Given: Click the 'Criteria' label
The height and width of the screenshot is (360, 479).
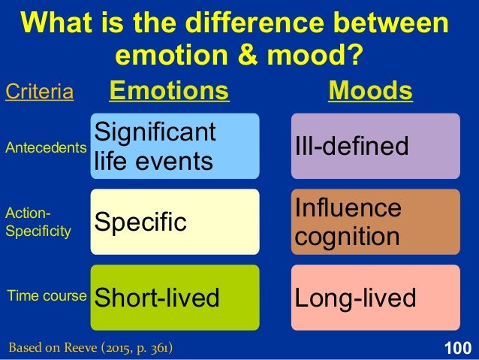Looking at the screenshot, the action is point(39,92).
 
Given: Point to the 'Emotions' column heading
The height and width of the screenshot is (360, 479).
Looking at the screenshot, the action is point(169,91).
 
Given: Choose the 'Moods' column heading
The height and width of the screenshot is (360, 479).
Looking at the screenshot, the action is point(371,91).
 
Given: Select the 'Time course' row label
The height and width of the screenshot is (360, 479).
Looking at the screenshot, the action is point(46,296).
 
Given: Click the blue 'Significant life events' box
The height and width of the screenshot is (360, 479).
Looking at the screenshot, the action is point(174,146).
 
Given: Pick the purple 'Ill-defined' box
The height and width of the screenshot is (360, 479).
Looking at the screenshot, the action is point(375,146).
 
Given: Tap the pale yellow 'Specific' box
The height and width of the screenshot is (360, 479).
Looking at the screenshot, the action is point(174,222).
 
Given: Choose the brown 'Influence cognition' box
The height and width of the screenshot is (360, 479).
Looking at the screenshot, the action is point(375,222).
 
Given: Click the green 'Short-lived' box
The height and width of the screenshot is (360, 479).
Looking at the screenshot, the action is point(174,298).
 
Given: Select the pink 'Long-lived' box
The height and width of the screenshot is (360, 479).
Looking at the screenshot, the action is point(375,298).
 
